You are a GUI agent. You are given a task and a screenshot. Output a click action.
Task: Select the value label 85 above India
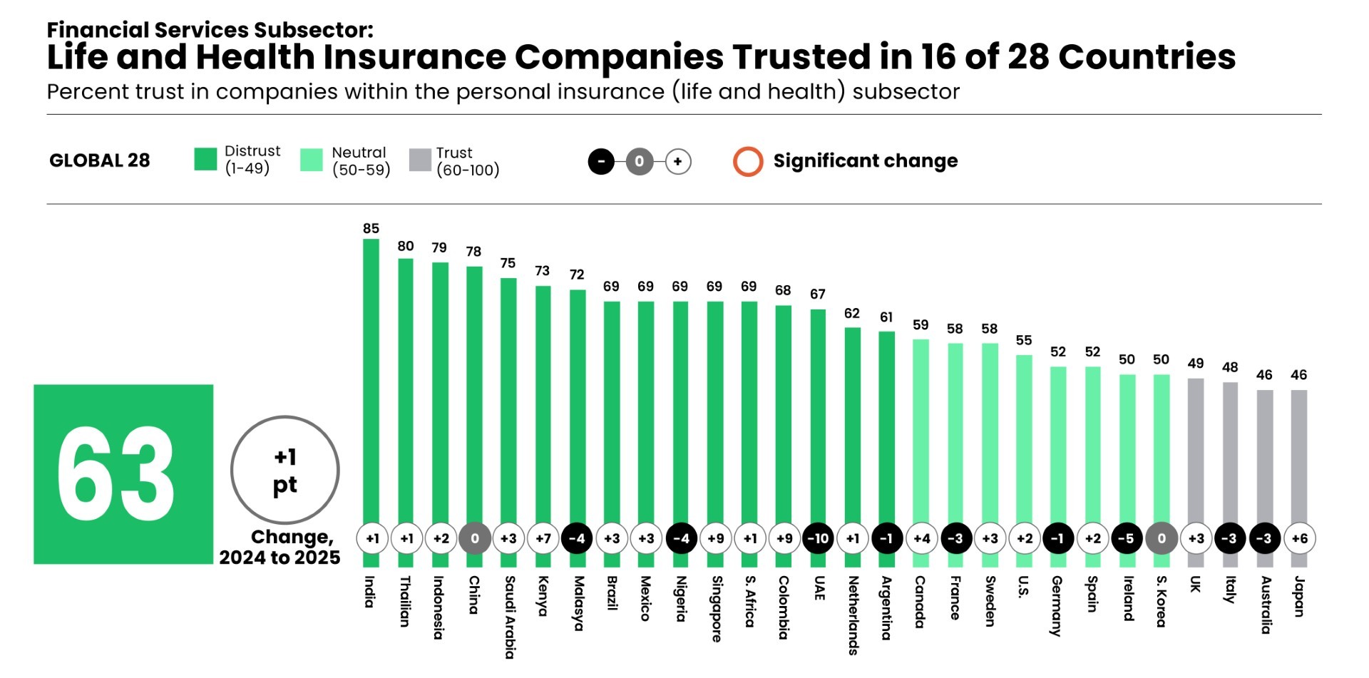tap(371, 228)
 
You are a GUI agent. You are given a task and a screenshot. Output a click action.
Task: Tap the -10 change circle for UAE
tap(818, 538)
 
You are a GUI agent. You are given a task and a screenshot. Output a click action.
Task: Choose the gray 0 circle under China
tap(474, 538)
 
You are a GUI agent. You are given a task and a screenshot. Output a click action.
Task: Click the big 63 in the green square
tap(116, 474)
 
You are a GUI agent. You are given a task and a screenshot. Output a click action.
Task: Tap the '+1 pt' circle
tap(285, 470)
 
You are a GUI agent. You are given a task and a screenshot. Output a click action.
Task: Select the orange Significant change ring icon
tap(748, 161)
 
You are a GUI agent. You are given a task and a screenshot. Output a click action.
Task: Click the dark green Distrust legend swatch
tap(205, 160)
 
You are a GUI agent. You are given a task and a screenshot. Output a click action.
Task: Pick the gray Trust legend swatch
tap(420, 160)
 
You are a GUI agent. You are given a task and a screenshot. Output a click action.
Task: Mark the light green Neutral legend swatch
tap(312, 160)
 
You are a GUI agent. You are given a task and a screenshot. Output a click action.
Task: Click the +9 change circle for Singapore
tap(715, 538)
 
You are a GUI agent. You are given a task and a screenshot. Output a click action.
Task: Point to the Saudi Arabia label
tap(510, 617)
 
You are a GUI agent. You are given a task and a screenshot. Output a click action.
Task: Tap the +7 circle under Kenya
tap(543, 538)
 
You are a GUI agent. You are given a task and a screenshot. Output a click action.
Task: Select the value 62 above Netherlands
tap(852, 313)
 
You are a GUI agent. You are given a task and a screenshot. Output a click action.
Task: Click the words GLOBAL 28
tap(100, 160)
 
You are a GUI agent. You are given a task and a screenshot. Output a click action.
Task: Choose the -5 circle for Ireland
tap(1127, 538)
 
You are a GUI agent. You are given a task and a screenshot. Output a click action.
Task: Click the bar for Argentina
tap(886, 428)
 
